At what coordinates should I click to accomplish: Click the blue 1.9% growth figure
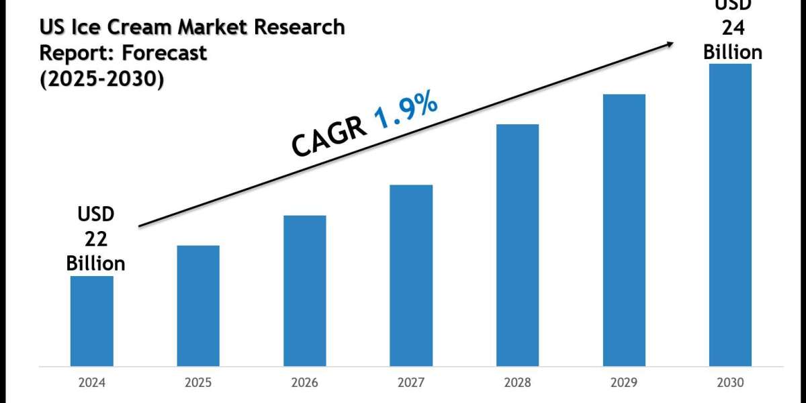tap(406, 112)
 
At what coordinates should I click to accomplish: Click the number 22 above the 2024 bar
tap(96, 238)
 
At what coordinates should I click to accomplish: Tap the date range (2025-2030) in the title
tap(101, 79)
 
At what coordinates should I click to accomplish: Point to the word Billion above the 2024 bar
tap(96, 263)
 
